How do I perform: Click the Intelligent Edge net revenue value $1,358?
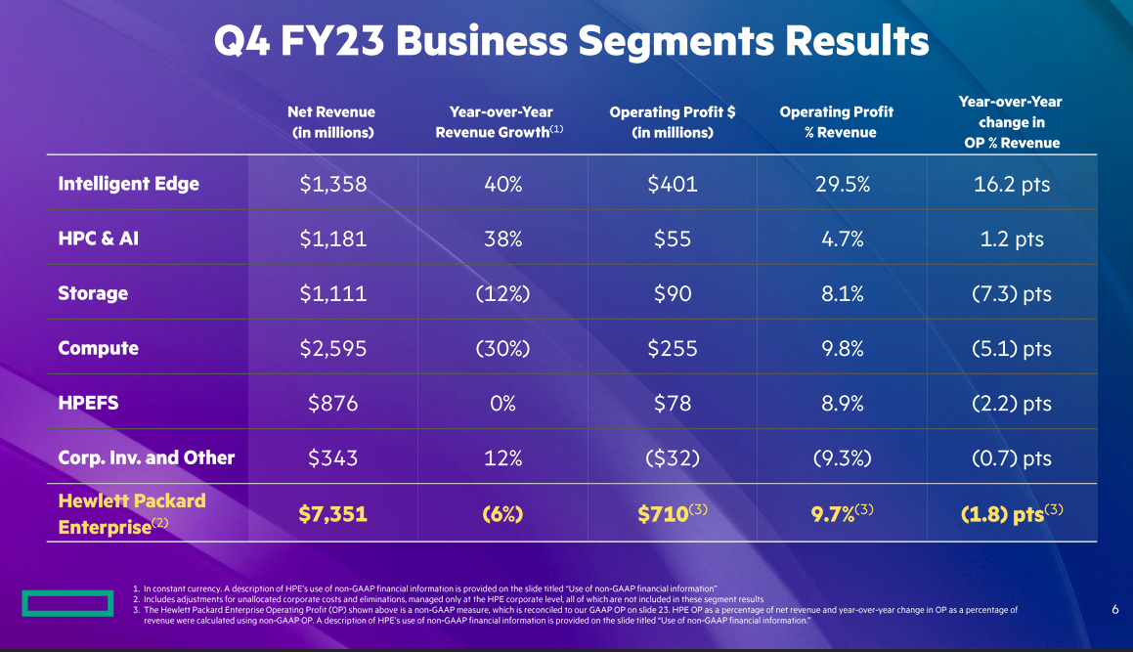coord(333,184)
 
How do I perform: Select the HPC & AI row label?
coord(99,239)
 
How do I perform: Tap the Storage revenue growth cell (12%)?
coord(502,293)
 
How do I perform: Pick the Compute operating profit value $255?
coord(673,348)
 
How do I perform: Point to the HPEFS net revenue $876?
coord(333,403)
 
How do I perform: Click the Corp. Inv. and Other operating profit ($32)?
coord(673,457)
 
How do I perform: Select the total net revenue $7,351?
coord(333,513)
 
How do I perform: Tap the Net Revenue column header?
coord(332,122)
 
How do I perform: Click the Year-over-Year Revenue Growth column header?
coord(501,122)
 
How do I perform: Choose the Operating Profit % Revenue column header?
coord(837,122)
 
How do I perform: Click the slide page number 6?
coord(1115,609)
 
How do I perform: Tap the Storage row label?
coord(93,293)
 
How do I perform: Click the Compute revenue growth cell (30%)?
coord(502,348)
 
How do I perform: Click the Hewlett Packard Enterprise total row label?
coord(132,512)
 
